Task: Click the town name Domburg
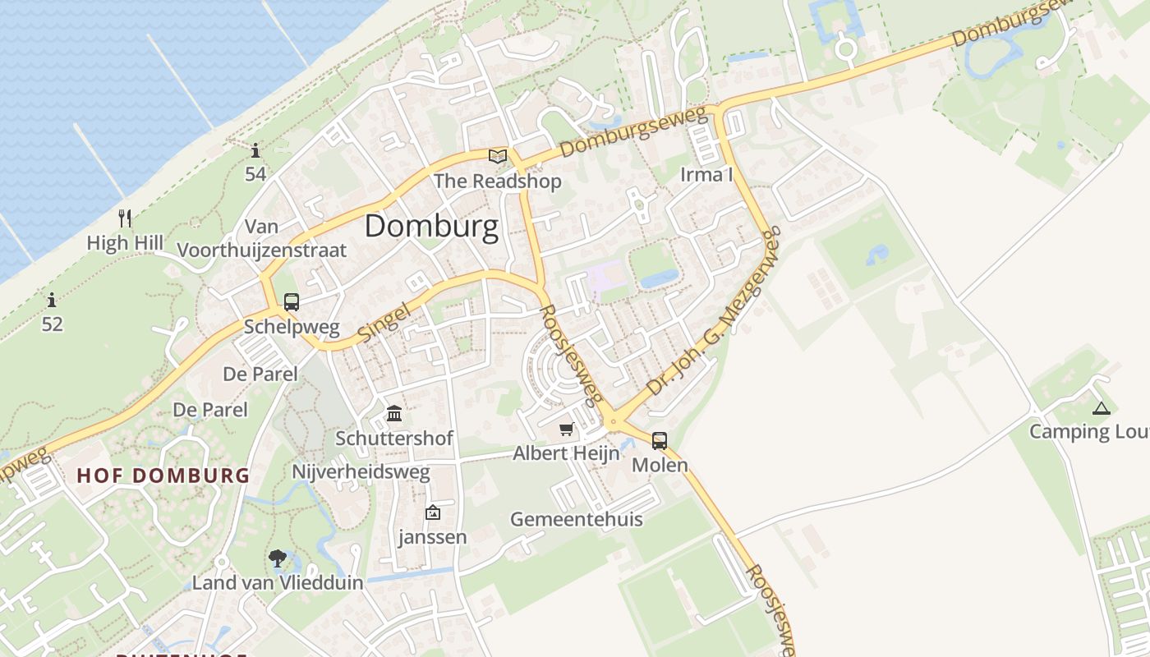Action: (x=431, y=226)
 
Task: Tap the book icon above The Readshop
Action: (x=498, y=156)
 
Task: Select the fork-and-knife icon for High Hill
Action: (x=125, y=218)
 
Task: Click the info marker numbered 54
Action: (x=255, y=150)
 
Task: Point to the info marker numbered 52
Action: (x=52, y=300)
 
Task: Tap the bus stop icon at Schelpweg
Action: (x=292, y=302)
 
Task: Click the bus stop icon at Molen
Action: (x=660, y=441)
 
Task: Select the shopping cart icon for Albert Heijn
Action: (x=566, y=430)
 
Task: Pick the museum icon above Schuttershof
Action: (x=394, y=413)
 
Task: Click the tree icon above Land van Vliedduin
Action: (x=278, y=558)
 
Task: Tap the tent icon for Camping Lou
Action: (x=1101, y=407)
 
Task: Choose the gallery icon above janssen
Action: (x=432, y=513)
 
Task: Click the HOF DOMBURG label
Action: (x=163, y=476)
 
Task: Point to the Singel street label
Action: (x=384, y=326)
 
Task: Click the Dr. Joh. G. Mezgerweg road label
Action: (x=713, y=315)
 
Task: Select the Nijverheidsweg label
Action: (x=361, y=472)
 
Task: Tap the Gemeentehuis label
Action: (x=577, y=519)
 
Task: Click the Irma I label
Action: (x=706, y=174)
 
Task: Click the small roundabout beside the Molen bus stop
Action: (x=612, y=422)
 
